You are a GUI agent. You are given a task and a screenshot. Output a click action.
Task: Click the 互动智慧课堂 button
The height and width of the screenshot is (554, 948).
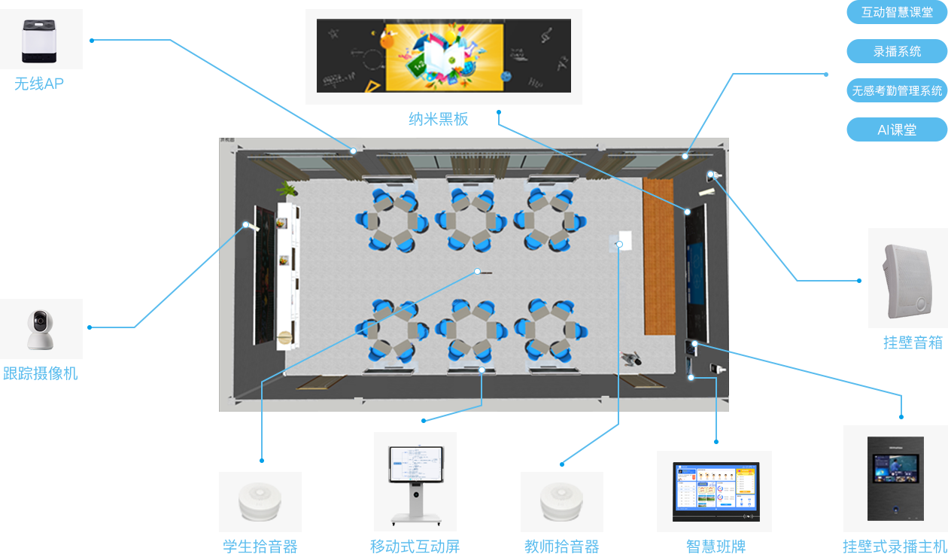(x=896, y=13)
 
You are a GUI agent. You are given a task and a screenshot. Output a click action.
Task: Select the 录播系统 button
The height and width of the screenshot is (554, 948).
(x=896, y=51)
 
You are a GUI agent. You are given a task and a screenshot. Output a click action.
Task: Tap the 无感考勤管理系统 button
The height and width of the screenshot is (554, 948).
(x=896, y=90)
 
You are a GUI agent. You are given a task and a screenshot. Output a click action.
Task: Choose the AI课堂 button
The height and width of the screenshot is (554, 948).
(x=896, y=129)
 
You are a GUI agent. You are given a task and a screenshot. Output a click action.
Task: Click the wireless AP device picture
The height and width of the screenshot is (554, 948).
(x=40, y=40)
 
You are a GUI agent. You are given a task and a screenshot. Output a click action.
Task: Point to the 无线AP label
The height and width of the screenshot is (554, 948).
(x=38, y=84)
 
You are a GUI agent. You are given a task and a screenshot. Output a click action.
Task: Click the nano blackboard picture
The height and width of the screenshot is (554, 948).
(x=443, y=56)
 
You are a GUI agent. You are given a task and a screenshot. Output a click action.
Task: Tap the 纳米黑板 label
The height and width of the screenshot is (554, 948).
(x=438, y=119)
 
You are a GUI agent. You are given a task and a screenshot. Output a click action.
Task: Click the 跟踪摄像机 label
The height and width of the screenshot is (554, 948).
(x=41, y=373)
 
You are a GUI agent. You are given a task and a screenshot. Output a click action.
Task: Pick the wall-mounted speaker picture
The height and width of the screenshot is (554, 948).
(x=906, y=278)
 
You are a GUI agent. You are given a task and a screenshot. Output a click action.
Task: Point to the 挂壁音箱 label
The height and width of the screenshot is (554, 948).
(x=912, y=342)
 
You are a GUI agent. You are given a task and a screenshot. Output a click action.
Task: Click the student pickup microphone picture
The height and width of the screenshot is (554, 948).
(x=260, y=501)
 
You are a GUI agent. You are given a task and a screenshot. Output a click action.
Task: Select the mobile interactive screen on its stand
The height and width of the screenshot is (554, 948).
(x=415, y=482)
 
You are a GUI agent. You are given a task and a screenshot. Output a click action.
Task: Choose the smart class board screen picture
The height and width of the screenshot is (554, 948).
(x=714, y=491)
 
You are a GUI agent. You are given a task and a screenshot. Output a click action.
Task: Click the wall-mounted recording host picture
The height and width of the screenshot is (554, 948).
(x=895, y=478)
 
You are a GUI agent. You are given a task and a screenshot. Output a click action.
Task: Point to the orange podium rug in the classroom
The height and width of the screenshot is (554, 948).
(x=659, y=256)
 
